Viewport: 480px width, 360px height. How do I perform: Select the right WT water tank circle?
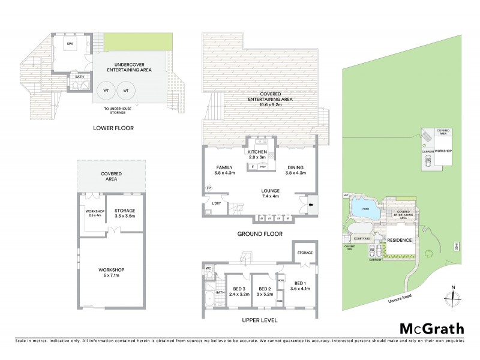click(125, 91)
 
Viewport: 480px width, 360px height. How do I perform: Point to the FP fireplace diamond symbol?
click(209, 188)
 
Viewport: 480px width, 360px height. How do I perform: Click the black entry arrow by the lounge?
click(311, 203)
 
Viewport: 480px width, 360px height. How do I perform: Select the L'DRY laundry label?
click(217, 204)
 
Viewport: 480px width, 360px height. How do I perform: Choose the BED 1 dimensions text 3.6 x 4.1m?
click(301, 289)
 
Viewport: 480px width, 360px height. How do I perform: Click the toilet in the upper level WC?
click(208, 277)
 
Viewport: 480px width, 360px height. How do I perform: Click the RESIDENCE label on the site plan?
click(400, 240)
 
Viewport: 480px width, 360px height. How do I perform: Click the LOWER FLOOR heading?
click(113, 128)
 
